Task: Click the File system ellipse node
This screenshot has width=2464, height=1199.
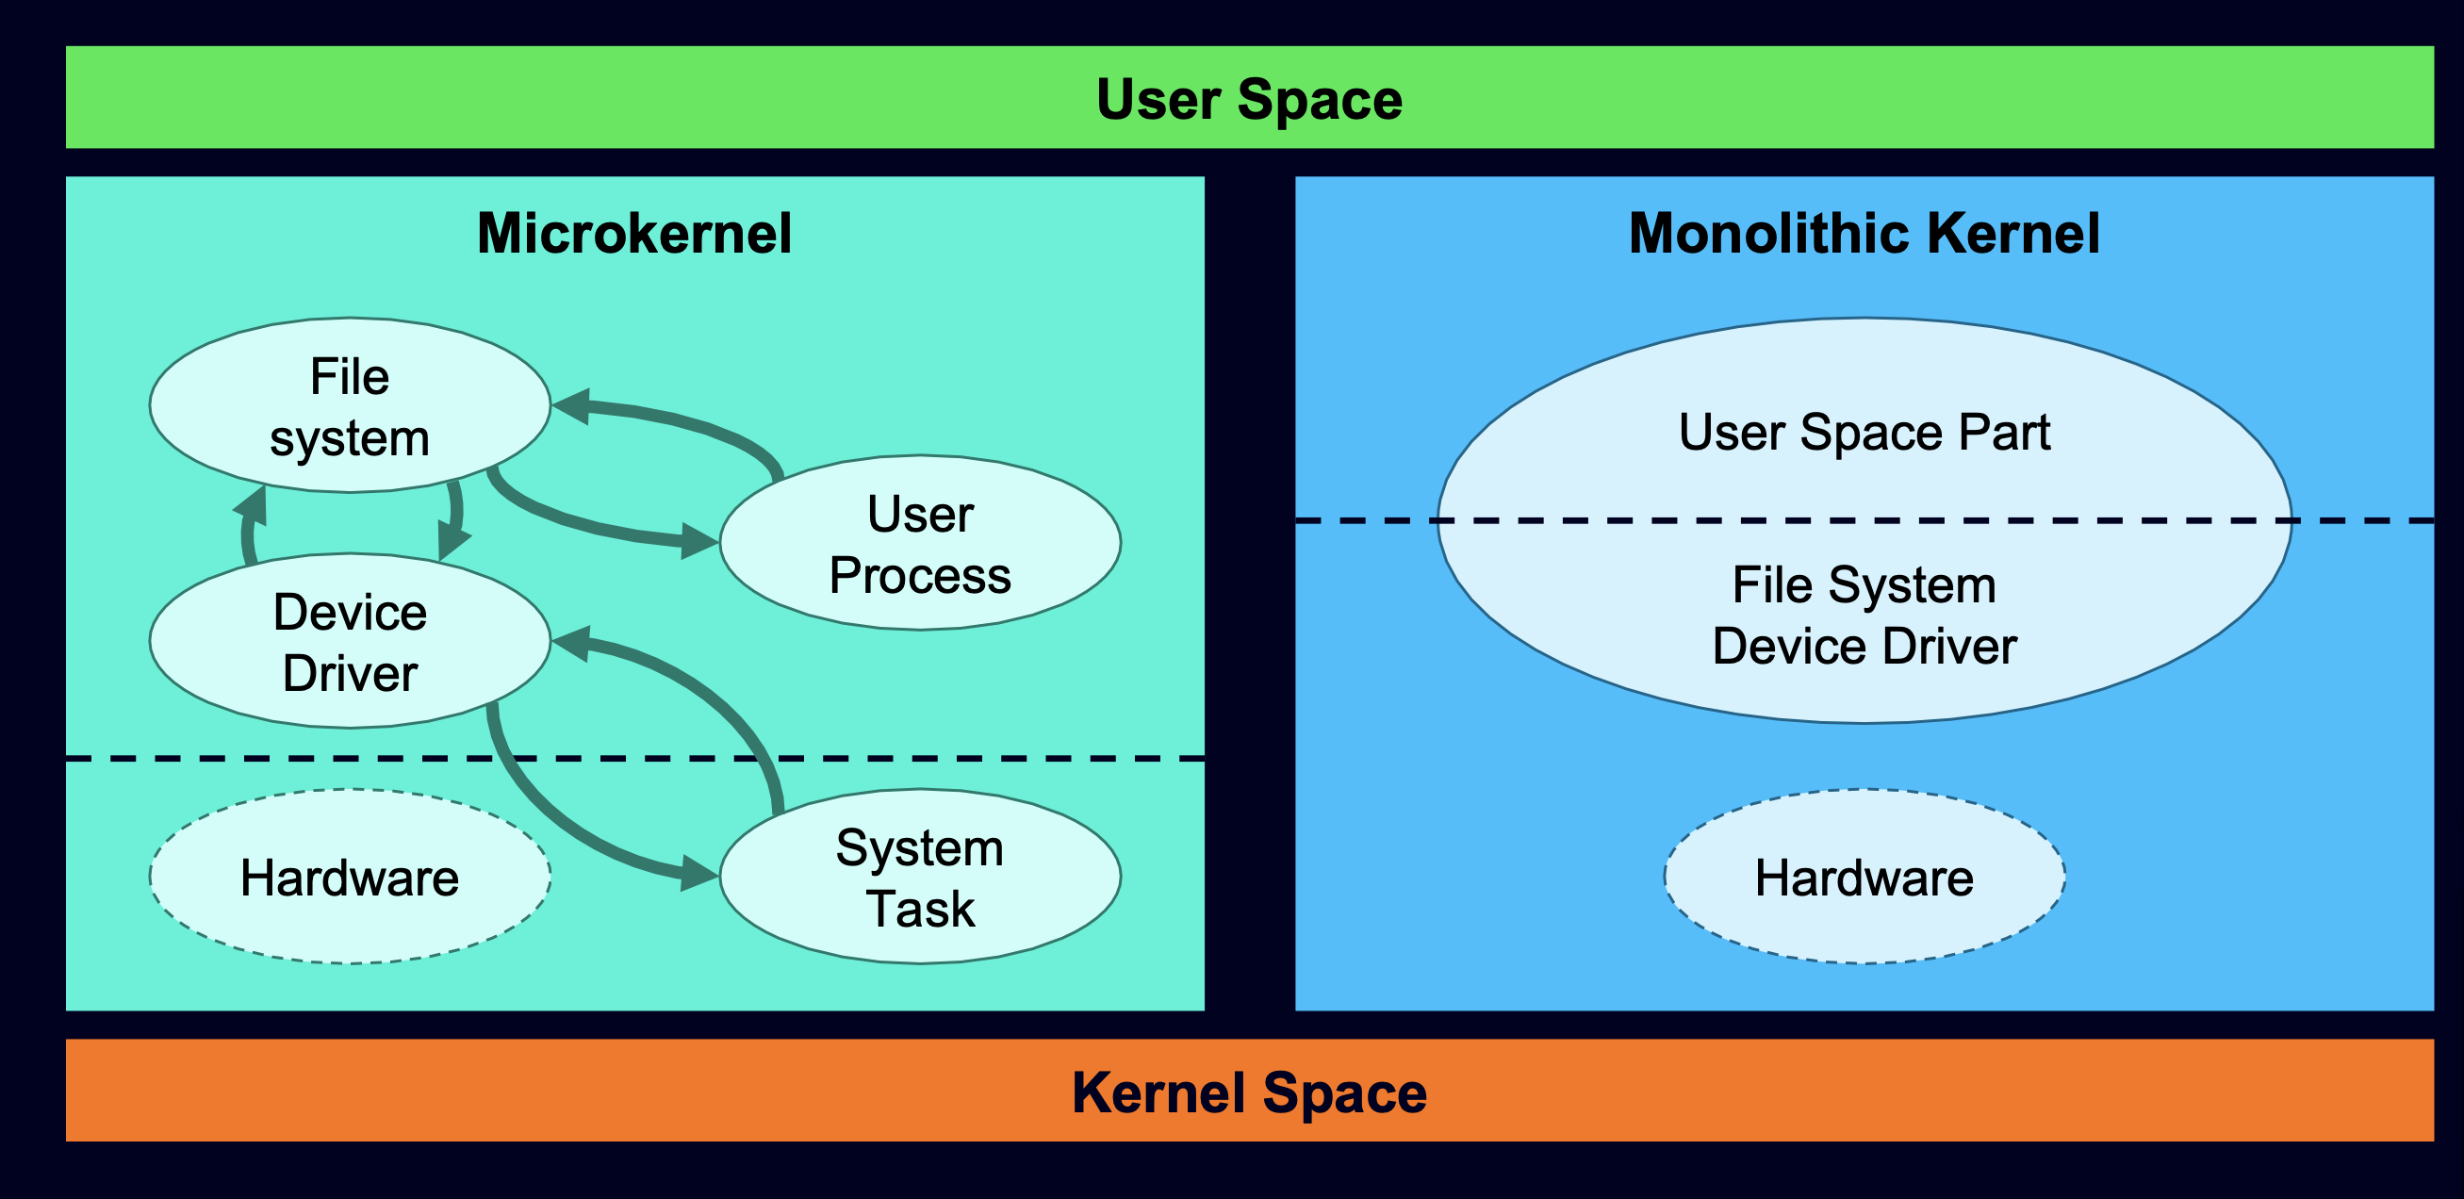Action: [349, 405]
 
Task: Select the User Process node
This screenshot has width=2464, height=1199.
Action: [919, 543]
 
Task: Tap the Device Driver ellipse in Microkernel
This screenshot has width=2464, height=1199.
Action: [349, 641]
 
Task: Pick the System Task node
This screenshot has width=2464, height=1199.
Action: [919, 876]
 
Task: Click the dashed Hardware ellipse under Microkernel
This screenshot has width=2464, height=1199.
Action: [349, 877]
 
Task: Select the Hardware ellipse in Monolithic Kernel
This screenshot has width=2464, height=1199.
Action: [1864, 877]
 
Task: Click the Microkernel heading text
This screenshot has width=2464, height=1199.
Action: [634, 234]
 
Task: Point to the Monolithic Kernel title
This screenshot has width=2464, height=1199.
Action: [1864, 234]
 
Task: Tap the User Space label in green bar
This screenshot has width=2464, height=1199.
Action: [1248, 99]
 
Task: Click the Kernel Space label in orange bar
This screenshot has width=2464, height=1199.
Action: [1248, 1092]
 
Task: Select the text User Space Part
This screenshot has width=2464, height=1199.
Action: [1864, 432]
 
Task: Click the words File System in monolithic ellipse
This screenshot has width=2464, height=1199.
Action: [1864, 585]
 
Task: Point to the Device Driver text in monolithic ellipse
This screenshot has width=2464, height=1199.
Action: [1864, 647]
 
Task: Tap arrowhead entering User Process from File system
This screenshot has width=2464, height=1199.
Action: [700, 541]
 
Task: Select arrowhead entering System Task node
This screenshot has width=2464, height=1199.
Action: [700, 873]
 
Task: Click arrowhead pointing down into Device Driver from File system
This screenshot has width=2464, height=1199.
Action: [452, 542]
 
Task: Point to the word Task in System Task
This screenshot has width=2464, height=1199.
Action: [919, 909]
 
